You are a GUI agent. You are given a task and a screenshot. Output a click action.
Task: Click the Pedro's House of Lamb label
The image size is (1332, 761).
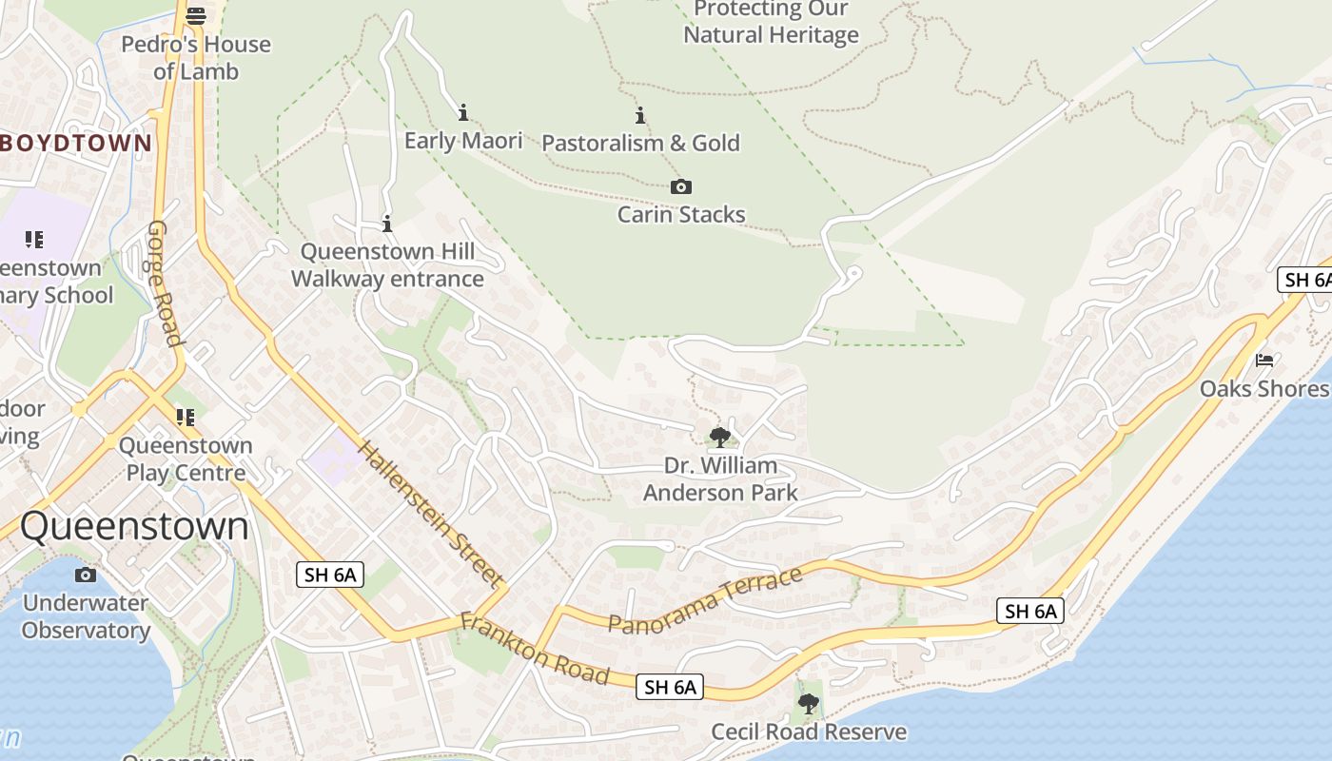pos(197,58)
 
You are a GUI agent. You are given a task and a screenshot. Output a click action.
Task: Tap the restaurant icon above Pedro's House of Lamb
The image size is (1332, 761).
pos(196,15)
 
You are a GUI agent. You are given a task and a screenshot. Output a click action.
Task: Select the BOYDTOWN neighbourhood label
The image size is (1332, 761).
pos(76,144)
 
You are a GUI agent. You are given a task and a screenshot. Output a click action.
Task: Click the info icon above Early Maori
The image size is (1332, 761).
pos(463,113)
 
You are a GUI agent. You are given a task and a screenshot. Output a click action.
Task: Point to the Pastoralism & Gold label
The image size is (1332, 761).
pos(640,144)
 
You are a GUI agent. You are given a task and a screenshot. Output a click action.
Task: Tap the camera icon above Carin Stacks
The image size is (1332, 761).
pos(681,187)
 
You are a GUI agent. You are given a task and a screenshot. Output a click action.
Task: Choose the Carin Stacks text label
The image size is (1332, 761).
pos(681,215)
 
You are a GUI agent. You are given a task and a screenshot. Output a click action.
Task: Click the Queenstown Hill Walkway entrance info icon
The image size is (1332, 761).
pos(387,225)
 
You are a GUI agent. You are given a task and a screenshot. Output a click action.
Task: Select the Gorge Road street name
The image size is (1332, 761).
pos(164,283)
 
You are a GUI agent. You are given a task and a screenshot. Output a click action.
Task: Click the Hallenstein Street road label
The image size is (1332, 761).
pos(431,513)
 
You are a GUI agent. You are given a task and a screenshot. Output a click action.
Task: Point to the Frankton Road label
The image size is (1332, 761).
pos(534,649)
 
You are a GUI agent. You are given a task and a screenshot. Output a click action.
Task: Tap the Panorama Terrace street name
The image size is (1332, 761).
pos(705,601)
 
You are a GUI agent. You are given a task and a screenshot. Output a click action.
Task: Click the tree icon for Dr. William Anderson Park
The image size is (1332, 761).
pos(720,438)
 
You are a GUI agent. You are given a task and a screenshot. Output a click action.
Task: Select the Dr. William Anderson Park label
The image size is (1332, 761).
pos(720,479)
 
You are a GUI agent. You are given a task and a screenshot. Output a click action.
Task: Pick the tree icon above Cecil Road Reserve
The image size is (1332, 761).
pos(809,704)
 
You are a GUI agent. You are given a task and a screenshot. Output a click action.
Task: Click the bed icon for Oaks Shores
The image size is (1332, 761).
pos(1264,361)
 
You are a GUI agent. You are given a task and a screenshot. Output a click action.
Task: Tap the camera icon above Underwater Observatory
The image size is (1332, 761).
pos(86,575)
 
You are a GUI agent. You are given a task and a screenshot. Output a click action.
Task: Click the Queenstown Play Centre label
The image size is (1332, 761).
pos(186,459)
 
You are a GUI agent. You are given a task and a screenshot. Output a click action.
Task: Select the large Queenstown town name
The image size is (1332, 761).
pos(134,526)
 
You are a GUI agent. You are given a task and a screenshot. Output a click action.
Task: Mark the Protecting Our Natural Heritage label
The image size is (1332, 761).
pos(771,23)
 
